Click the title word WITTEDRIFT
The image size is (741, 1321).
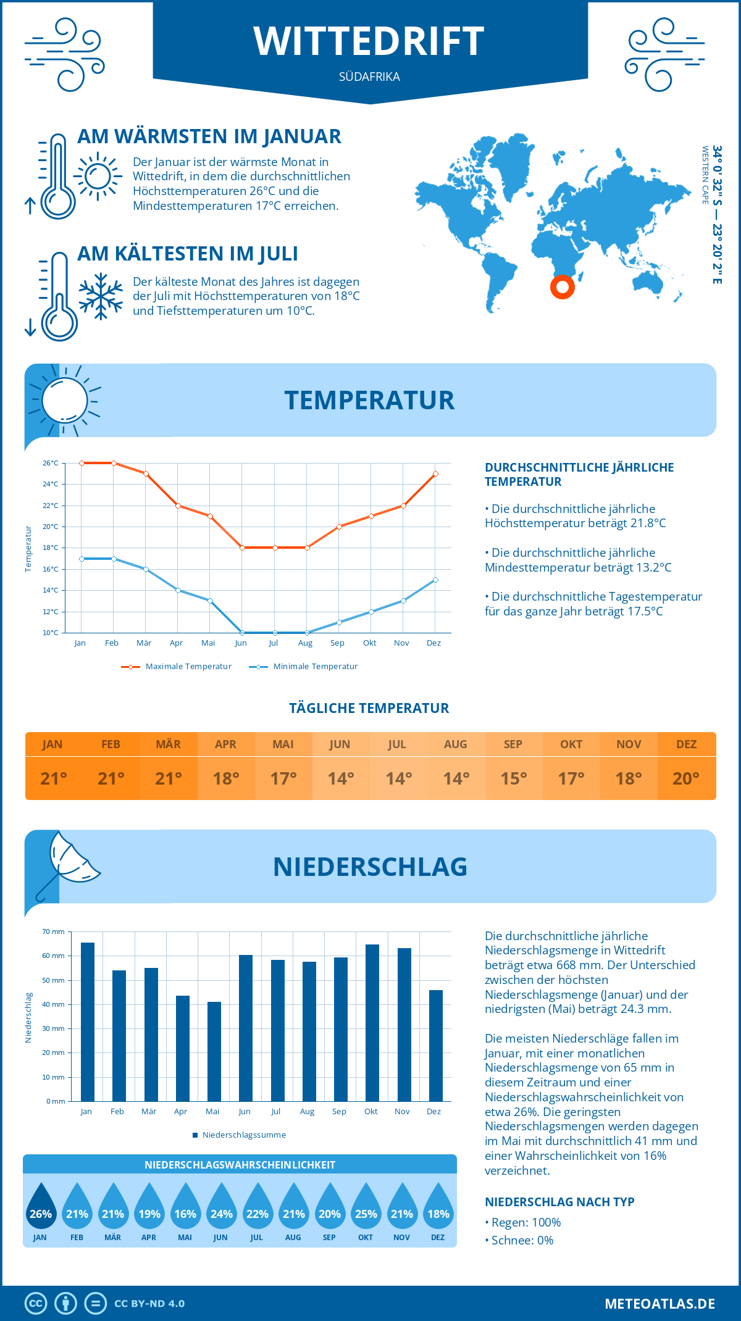click(x=369, y=41)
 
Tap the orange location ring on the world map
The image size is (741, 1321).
click(x=562, y=286)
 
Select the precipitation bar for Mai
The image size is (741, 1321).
click(x=214, y=1051)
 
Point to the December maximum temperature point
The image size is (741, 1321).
click(x=435, y=474)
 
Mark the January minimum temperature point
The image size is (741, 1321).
click(x=82, y=559)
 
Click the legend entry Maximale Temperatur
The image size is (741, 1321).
click(x=177, y=667)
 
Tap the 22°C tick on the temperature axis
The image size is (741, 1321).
click(x=51, y=506)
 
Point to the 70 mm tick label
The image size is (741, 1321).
click(x=54, y=931)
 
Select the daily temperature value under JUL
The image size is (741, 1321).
click(x=398, y=778)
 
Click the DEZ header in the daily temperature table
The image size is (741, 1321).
click(x=686, y=744)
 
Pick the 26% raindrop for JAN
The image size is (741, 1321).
click(x=41, y=1207)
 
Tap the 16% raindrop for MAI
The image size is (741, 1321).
click(x=185, y=1207)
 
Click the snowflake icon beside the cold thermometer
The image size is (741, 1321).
click(x=101, y=296)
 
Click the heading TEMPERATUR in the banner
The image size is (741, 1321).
click(x=369, y=400)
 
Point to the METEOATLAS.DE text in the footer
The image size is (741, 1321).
click(x=659, y=1304)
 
